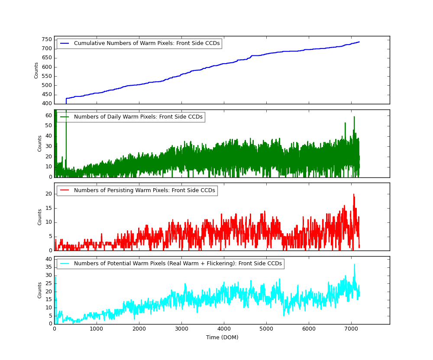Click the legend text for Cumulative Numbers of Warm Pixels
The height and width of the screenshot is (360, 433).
coord(147,44)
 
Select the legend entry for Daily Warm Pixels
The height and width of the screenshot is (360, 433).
coord(138,117)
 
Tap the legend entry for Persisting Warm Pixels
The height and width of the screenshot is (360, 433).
coord(144,190)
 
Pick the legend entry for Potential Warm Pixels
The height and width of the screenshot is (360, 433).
coord(178,264)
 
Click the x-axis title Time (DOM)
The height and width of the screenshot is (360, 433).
coord(222,337)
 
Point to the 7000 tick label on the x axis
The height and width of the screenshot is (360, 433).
coord(351,329)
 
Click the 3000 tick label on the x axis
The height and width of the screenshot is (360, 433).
coord(181,329)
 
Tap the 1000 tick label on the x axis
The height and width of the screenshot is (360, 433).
coord(97,329)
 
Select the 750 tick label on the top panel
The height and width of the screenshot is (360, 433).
coord(47,39)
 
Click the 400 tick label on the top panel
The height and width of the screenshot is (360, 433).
coord(47,104)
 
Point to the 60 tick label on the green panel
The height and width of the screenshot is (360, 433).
coord(48,116)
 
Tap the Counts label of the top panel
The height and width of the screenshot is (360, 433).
coord(36,70)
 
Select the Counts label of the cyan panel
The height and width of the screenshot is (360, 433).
coord(39,290)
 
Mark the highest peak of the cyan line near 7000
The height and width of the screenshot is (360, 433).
coord(354,264)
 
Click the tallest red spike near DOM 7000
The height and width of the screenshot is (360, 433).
coord(353,194)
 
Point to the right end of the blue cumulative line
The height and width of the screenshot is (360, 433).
coord(359,42)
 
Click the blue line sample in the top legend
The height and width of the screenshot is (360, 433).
coord(65,44)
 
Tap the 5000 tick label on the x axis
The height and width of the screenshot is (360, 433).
coord(266,329)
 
